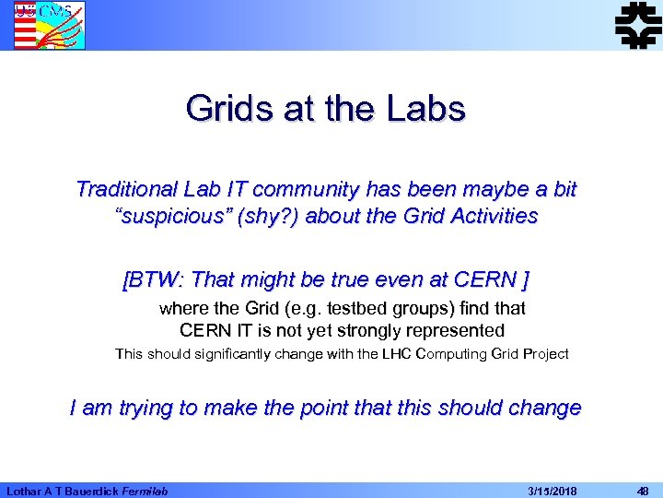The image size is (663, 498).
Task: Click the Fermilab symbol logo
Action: pos(637,24)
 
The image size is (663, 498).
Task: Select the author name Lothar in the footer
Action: pos(26,491)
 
